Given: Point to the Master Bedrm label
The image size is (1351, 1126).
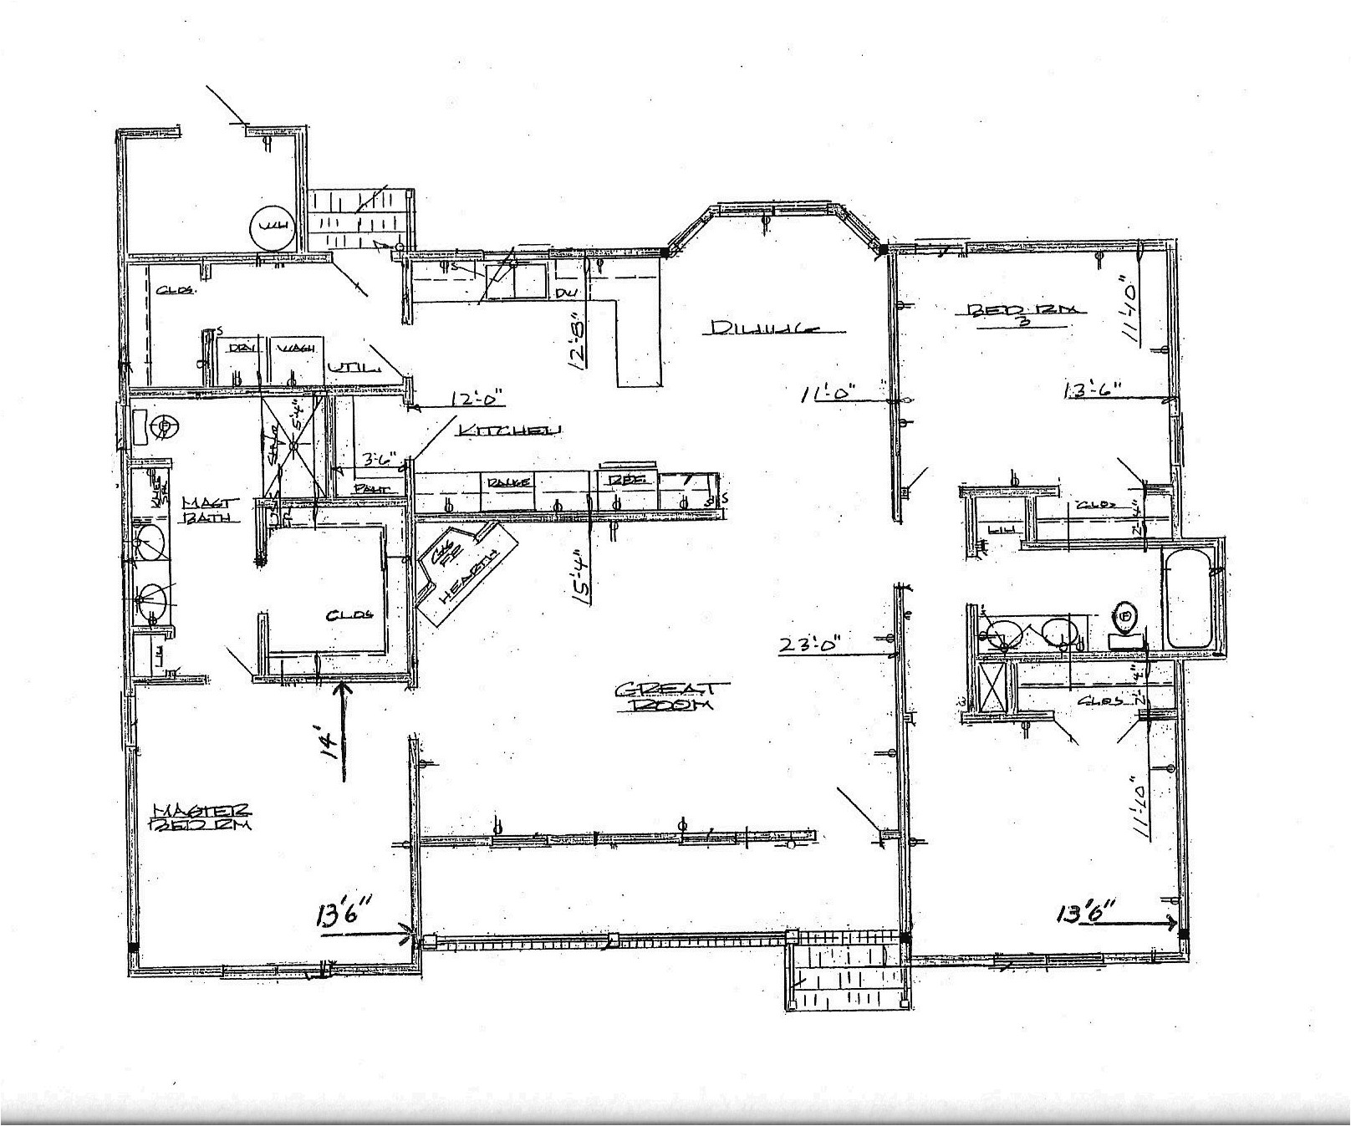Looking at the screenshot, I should point(201,816).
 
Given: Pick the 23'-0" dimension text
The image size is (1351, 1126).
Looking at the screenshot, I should point(808,645).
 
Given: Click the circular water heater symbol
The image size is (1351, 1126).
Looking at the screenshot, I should point(273,227).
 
